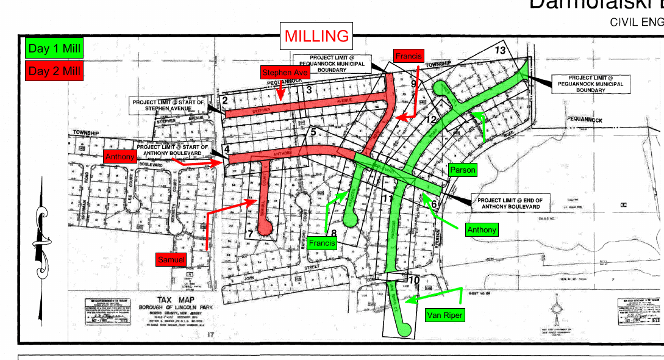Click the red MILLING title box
[317, 37]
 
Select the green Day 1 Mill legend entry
[54, 49]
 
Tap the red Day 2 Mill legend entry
[54, 71]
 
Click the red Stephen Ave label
[285, 73]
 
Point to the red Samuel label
[171, 259]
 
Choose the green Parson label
[462, 170]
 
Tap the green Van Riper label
[444, 315]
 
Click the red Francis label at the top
[408, 56]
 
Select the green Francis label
[322, 243]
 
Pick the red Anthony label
[120, 157]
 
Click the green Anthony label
[481, 230]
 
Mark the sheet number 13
[501, 50]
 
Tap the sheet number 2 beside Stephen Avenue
[225, 100]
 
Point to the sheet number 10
[414, 280]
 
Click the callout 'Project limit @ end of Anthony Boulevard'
[511, 203]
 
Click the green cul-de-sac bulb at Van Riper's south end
[404, 330]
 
